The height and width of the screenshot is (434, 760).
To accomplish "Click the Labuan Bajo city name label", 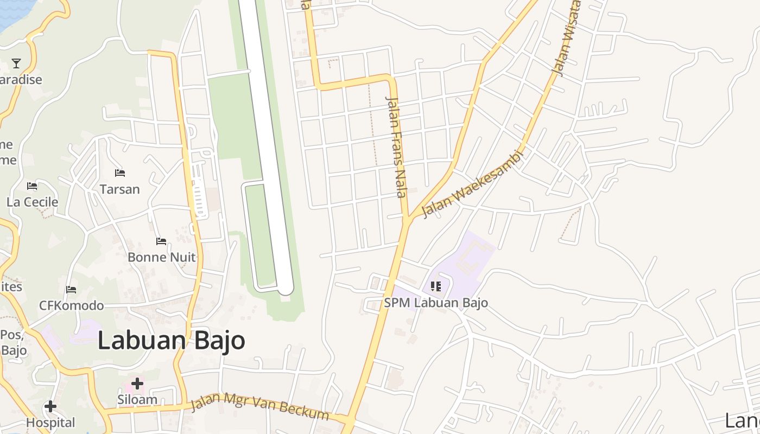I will click(x=171, y=341).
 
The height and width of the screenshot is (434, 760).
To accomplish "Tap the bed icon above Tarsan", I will click(x=120, y=173).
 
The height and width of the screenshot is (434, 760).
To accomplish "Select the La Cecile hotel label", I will click(x=32, y=202).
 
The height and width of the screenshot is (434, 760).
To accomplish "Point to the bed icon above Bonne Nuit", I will click(x=161, y=241).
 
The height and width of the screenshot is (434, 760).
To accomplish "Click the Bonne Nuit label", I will click(x=161, y=257).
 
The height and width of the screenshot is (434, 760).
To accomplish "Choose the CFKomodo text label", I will click(x=71, y=305).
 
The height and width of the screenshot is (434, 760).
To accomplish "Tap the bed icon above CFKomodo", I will click(x=71, y=290).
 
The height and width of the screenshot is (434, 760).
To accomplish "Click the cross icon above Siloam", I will click(x=137, y=384).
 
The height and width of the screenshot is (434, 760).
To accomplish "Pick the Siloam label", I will click(x=137, y=400).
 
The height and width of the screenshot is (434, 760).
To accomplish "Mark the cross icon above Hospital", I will click(x=50, y=406).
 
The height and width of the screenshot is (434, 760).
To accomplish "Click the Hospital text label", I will click(x=50, y=422).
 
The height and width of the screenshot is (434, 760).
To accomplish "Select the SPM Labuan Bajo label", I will click(x=436, y=303).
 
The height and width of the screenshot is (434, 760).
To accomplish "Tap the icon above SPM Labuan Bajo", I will click(x=435, y=286).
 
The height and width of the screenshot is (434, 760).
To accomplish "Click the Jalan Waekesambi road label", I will click(x=472, y=184).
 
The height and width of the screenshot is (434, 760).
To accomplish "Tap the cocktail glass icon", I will click(x=16, y=63).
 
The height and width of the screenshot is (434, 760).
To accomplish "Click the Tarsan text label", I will click(x=120, y=189).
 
